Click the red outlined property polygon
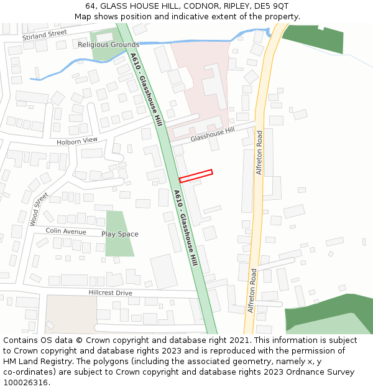(x=196, y=176)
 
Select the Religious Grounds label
(x=109, y=45)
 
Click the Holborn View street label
(x=77, y=141)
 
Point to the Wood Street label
(x=39, y=209)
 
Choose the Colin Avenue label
(x=66, y=232)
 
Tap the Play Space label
(x=120, y=235)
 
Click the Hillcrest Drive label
(x=110, y=293)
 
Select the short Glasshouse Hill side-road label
(x=213, y=134)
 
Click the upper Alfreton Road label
(x=260, y=152)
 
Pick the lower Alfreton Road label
(x=252, y=291)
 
